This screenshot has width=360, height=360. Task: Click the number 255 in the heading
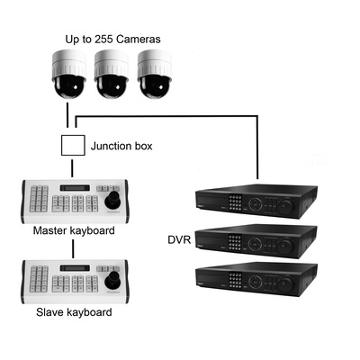[103, 39]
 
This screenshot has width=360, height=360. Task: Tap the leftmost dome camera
[69, 75]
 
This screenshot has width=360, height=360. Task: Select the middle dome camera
[112, 75]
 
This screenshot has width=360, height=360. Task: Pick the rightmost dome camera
[155, 75]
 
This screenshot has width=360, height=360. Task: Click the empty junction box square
[73, 145]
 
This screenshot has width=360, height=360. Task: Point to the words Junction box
[121, 146]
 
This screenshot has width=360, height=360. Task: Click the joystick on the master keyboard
[112, 201]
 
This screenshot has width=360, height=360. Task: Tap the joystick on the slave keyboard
[112, 280]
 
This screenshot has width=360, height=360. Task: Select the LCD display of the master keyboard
[75, 188]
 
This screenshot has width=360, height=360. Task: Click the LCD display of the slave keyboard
[75, 268]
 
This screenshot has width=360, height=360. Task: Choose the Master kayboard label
[74, 230]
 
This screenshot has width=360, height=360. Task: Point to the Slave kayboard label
[74, 312]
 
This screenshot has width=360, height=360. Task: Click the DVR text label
[179, 240]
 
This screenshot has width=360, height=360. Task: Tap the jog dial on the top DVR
[284, 206]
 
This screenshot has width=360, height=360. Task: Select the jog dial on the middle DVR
[284, 247]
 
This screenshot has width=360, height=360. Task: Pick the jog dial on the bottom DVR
[284, 284]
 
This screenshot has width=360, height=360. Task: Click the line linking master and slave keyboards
[73, 248]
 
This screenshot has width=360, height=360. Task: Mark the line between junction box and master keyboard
[72, 168]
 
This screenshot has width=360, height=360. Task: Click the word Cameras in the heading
[139, 39]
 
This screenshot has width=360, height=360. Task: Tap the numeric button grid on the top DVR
[235, 202]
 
